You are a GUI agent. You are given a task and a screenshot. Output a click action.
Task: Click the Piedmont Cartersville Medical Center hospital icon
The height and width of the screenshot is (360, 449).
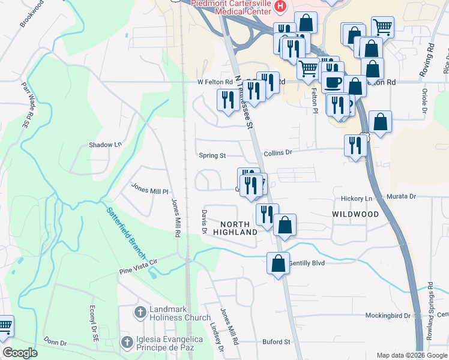tap(280, 7)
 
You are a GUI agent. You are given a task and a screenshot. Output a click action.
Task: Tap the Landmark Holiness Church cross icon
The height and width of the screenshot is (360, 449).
tap(140, 312)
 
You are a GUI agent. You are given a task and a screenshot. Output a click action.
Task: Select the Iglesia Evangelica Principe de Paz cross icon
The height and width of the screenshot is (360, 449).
tap(127, 343)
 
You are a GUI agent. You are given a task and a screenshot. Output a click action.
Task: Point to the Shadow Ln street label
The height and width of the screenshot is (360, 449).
tap(105, 145)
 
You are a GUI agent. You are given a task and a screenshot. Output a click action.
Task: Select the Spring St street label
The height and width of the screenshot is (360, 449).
tap(212, 155)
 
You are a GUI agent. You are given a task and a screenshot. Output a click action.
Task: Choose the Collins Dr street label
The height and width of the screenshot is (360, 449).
tap(277, 153)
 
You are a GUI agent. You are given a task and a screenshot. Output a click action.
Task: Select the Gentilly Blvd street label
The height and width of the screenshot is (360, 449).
tap(307, 263)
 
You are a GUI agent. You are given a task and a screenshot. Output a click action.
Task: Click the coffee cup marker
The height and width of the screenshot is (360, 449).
tap(333, 82)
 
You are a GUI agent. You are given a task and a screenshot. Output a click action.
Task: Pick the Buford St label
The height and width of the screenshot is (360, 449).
tap(276, 342)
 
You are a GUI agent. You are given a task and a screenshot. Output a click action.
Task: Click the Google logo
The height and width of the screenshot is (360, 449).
tap(20, 353)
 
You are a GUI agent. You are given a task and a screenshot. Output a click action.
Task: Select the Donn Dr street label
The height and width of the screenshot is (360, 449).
tap(55, 342)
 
